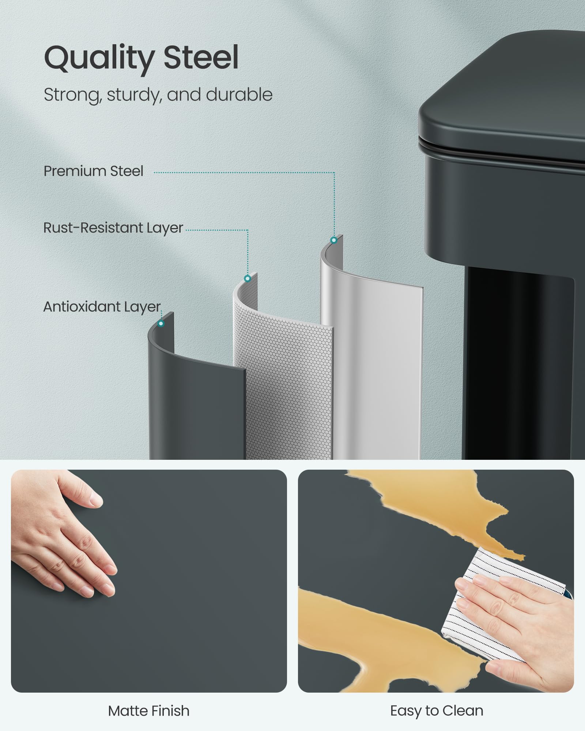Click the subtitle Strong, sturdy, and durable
click(x=158, y=95)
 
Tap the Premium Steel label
click(x=93, y=171)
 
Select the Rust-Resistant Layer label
click(x=113, y=228)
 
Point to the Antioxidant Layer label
click(x=102, y=307)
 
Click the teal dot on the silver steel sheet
click(x=333, y=240)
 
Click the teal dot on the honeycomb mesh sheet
click(x=248, y=279)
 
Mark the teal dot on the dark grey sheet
click(x=161, y=323)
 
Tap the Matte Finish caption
click(x=149, y=711)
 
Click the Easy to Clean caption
click(x=437, y=711)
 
